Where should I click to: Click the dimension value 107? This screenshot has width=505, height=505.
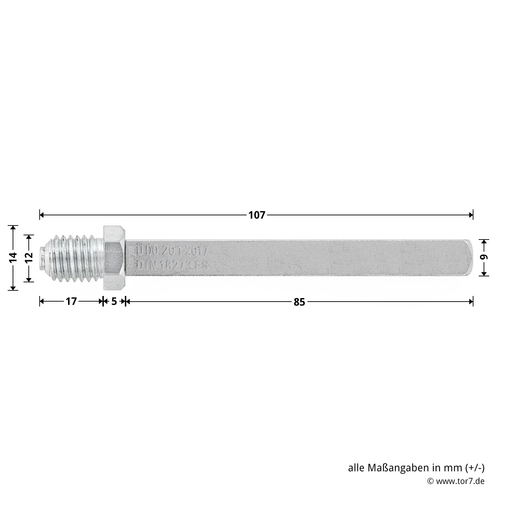(257, 215)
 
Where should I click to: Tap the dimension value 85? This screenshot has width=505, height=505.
(299, 302)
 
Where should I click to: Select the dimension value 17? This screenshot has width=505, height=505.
(71, 301)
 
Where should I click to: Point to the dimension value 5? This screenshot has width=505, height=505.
(114, 301)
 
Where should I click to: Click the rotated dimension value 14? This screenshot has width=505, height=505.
(13, 257)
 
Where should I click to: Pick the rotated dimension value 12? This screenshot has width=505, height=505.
(29, 257)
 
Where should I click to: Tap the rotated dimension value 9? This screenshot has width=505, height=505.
(484, 257)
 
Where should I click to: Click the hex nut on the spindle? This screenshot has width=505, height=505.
(114, 258)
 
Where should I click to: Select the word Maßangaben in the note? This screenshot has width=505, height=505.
(398, 468)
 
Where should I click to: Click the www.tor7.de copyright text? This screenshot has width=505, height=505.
(460, 481)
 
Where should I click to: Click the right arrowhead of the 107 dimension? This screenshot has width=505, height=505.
(471, 215)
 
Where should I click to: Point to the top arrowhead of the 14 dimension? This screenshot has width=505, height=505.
(13, 228)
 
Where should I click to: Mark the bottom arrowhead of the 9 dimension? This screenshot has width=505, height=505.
(484, 273)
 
